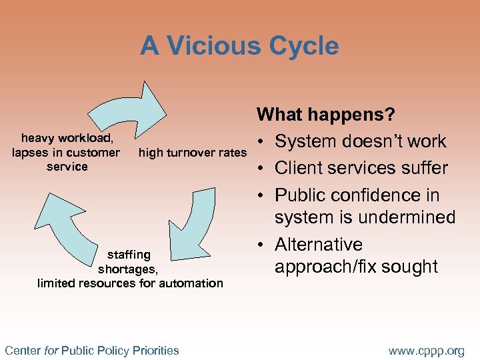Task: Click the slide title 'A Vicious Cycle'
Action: pos(239,46)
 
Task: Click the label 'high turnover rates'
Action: pos(192,153)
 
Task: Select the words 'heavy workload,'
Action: pos(67,139)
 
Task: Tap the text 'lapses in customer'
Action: pos(67,153)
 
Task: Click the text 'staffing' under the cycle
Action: pos(129,255)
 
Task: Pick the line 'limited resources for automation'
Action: pos(130,283)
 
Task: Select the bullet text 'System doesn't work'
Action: pos(360,141)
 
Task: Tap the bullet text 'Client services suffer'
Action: pos(361,168)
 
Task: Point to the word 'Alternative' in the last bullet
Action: pos(318,245)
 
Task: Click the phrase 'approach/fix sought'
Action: pos(356,267)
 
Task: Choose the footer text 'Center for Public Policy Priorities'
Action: pos(92,350)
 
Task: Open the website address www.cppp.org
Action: pos(427,350)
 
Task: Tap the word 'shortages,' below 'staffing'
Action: pos(128,269)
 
